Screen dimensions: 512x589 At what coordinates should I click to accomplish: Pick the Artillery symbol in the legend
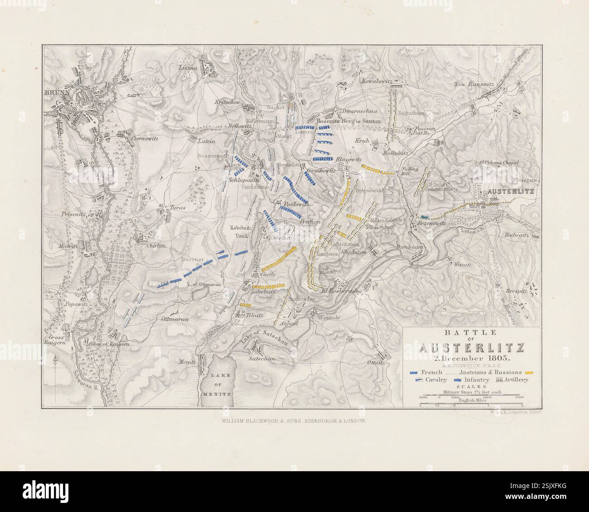click(497, 380)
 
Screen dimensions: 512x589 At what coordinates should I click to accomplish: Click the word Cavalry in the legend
click(433, 380)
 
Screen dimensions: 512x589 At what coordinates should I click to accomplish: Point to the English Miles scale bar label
click(471, 400)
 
